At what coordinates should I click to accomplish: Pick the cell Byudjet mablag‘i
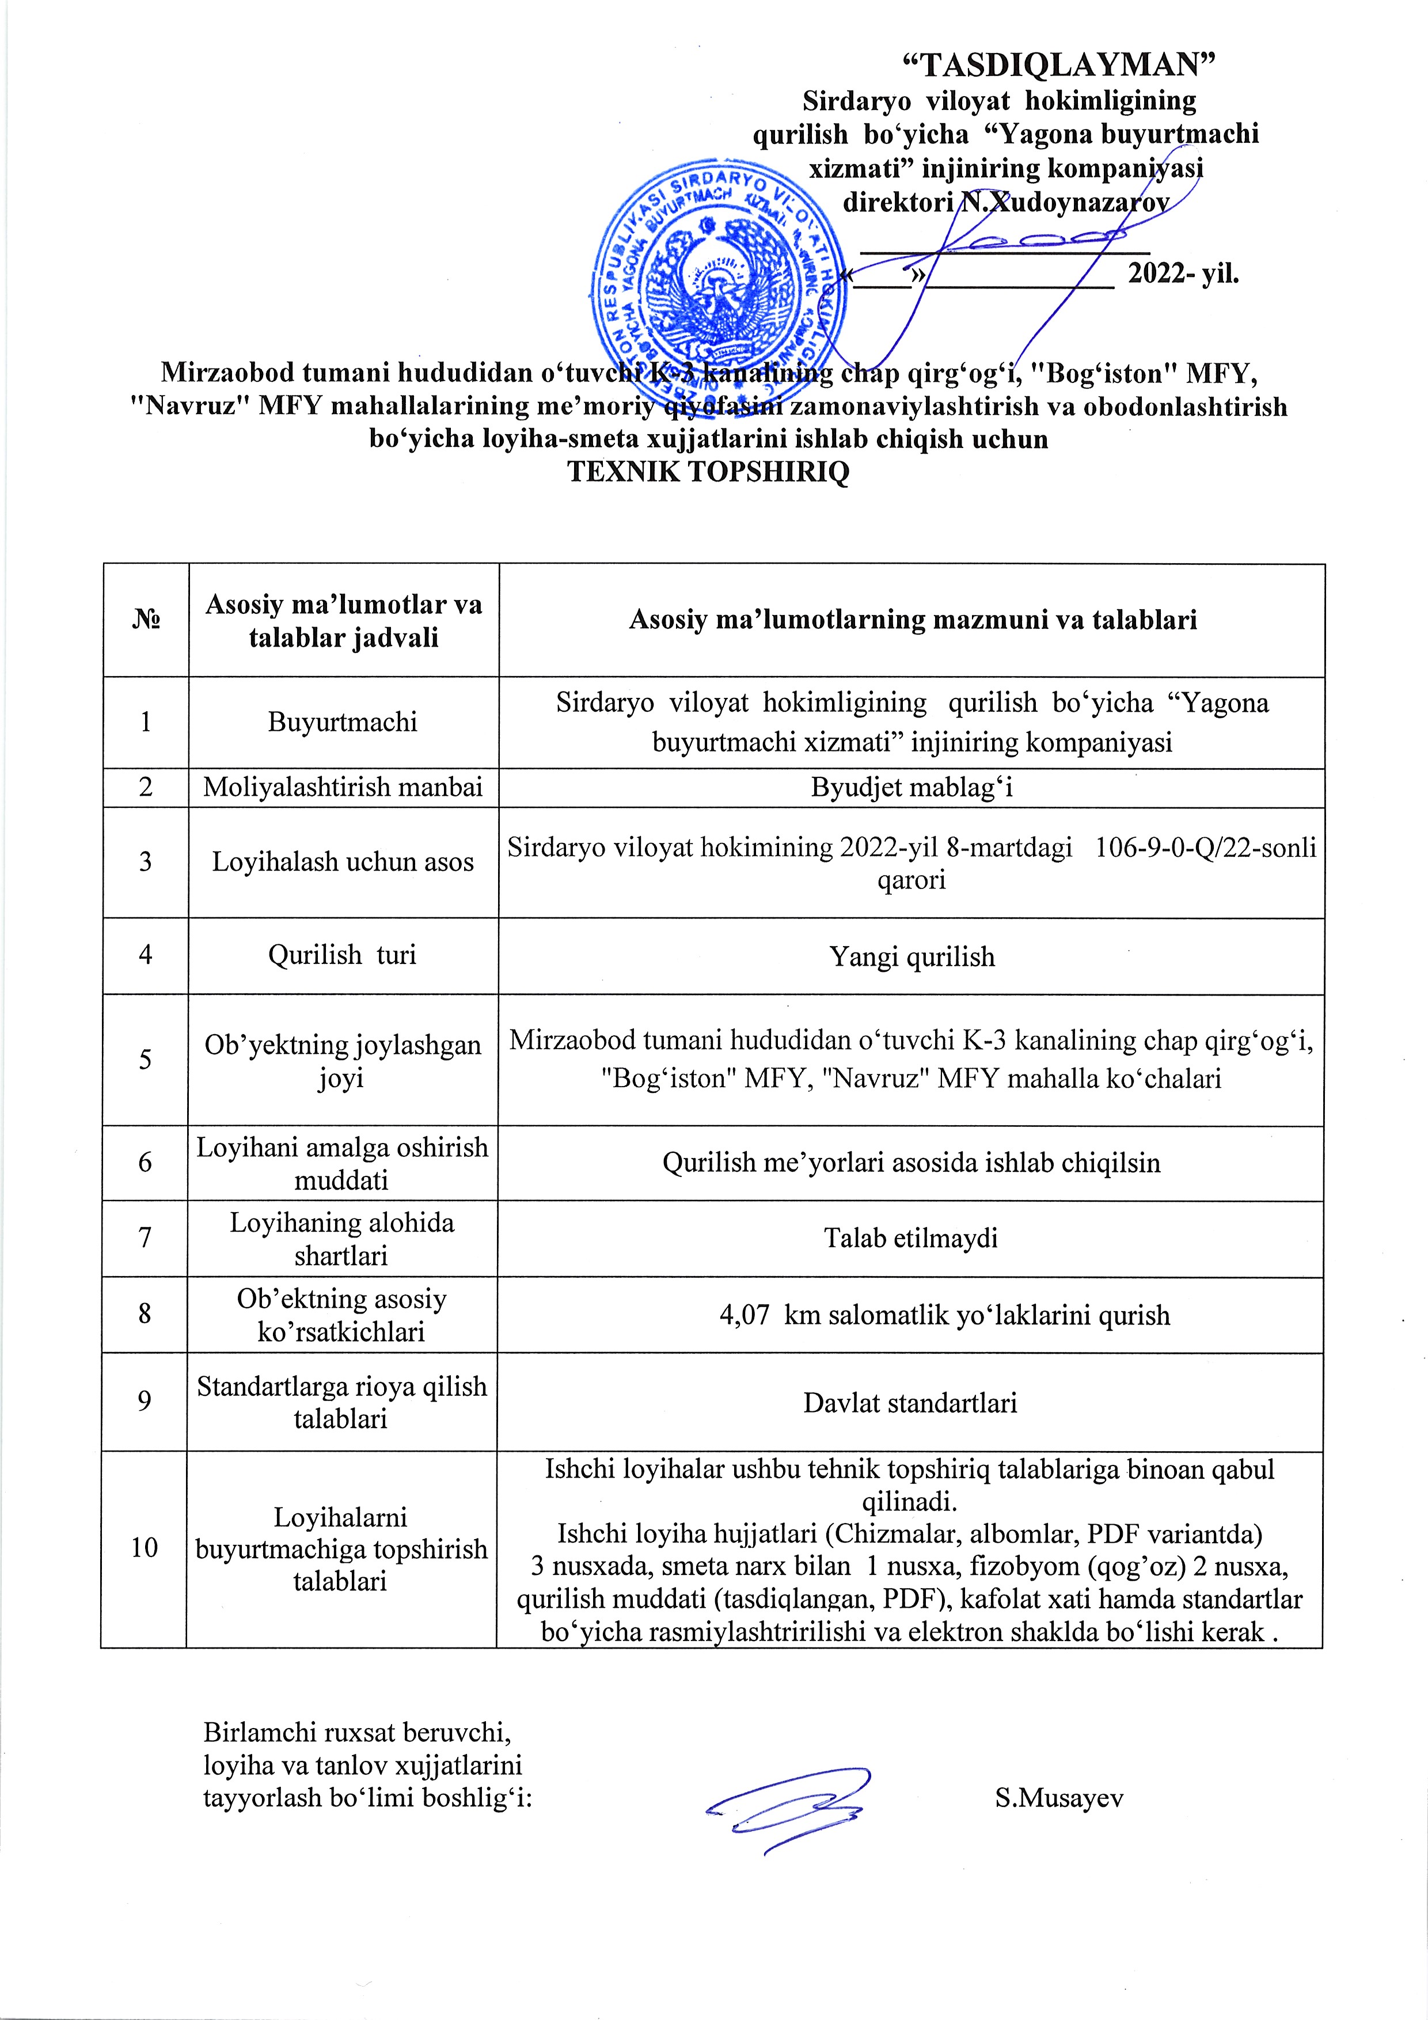tap(912, 787)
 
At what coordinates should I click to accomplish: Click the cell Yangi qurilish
tap(912, 956)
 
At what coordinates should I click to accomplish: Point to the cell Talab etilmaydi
tap(911, 1239)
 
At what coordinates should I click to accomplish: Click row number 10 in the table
tap(145, 1548)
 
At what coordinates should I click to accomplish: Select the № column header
tap(146, 620)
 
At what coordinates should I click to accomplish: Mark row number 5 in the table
tap(145, 1060)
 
